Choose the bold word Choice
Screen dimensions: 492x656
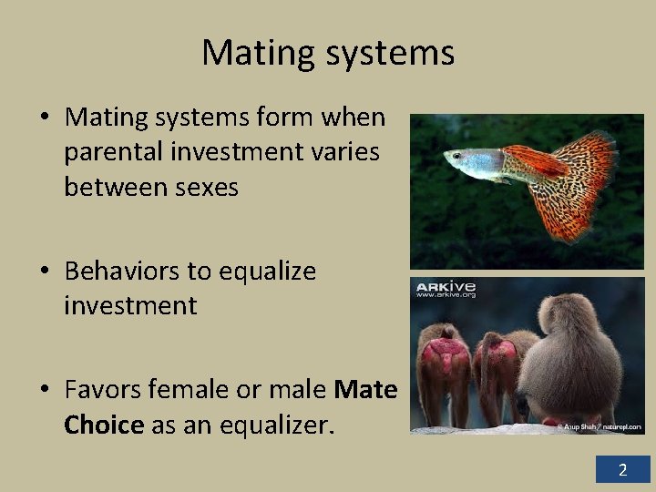[x=104, y=425]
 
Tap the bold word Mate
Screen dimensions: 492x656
[x=366, y=390]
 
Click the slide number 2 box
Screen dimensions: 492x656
[x=623, y=470]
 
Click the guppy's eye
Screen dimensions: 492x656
[x=455, y=158]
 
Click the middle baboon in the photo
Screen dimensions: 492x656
[x=498, y=374]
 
